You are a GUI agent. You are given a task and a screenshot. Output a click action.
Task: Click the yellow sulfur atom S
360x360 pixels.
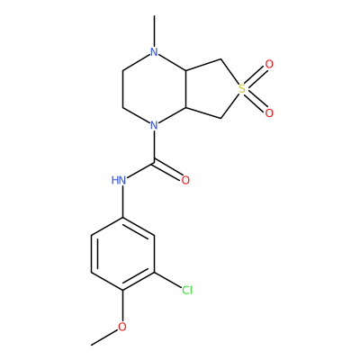coord(242,89)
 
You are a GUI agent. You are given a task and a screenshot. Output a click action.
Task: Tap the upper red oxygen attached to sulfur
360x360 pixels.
coord(269,64)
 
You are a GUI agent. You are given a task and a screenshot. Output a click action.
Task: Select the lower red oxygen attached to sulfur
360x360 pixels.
coord(269,113)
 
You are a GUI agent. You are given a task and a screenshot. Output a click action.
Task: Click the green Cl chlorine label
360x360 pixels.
coord(187,290)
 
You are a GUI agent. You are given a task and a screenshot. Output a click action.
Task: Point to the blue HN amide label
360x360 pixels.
coord(119,180)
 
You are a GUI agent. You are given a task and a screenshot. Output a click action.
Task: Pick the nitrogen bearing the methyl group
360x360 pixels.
coord(154,52)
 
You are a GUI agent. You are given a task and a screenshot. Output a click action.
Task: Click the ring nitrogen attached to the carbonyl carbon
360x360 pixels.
coord(154,125)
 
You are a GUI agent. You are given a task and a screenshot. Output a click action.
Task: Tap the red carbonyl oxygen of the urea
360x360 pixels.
coord(185,180)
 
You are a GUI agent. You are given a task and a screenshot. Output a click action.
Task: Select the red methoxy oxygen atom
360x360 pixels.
coord(122,327)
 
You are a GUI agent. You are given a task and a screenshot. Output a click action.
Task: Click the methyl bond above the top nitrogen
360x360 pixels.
coord(154,31)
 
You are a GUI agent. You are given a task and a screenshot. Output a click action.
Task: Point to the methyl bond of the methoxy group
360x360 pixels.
coord(104,337)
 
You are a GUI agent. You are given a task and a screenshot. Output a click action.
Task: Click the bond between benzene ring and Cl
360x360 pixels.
coord(168,281)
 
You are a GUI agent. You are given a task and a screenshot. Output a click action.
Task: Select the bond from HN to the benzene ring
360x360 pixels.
coord(122,202)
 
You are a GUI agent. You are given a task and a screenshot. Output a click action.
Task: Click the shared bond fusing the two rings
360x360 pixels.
coord(186,89)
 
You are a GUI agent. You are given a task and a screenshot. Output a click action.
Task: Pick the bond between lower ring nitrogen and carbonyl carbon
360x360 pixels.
coord(154,146)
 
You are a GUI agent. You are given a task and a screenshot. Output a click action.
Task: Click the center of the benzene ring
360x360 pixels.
coord(122,255)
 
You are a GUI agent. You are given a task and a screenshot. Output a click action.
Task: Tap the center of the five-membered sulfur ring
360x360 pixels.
coord(211,89)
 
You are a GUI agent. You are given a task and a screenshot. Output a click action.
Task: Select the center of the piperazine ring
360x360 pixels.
coord(154,89)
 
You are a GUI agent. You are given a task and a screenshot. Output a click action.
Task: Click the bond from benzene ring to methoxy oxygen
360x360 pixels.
coord(122,306)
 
